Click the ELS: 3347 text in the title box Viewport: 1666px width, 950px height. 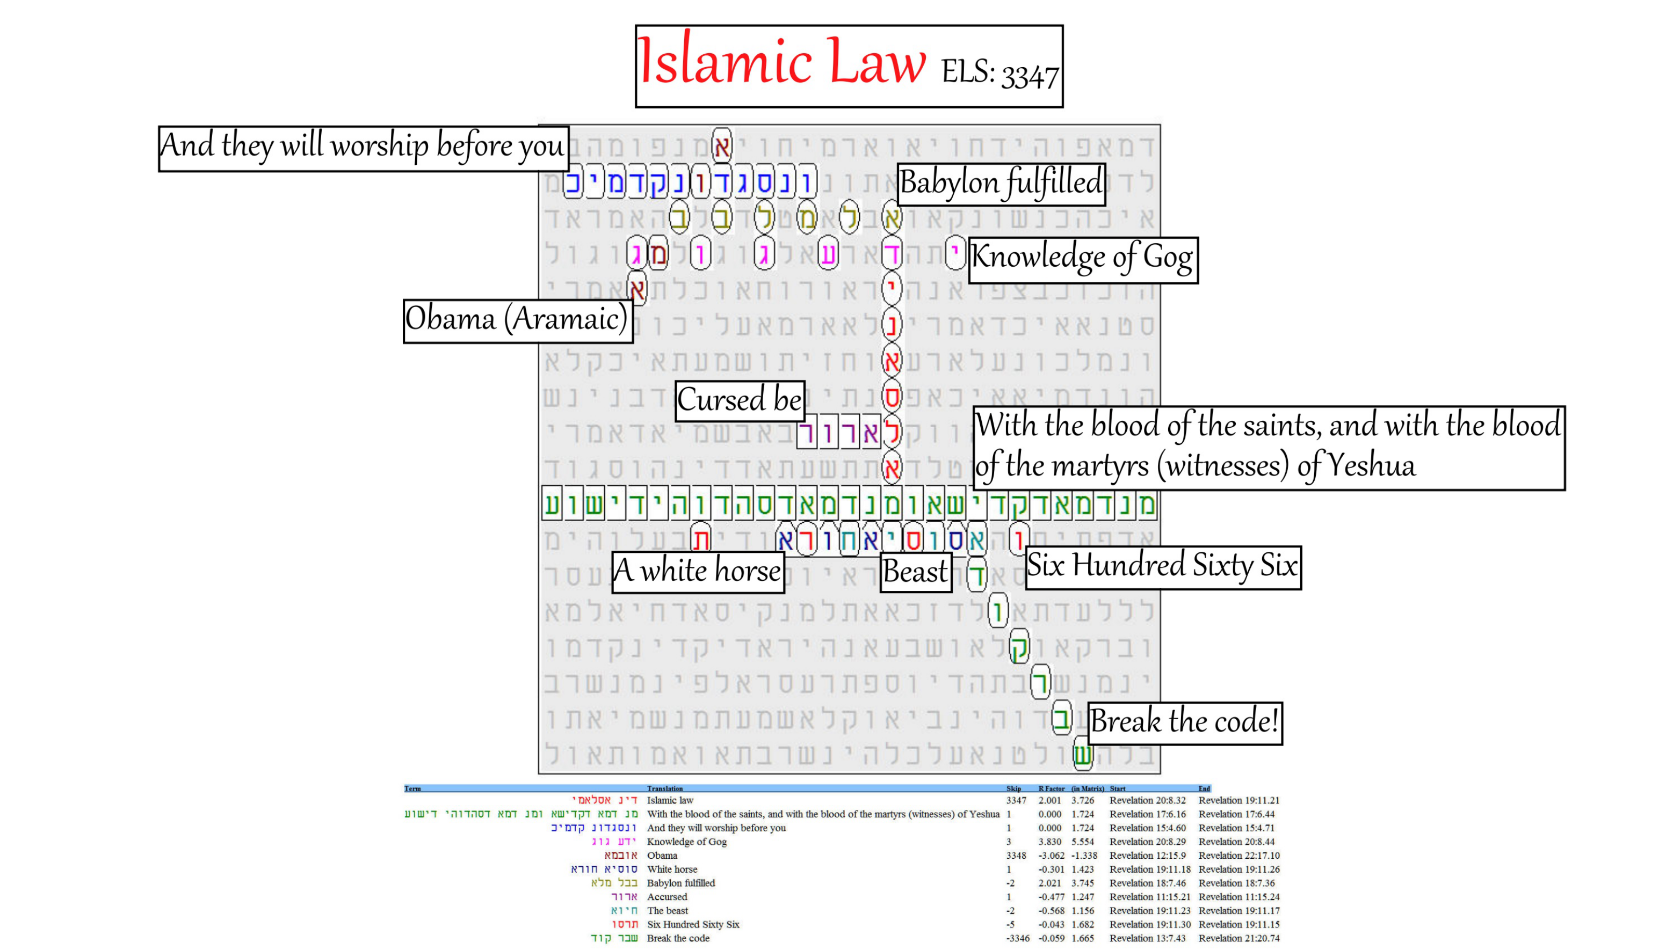click(x=998, y=73)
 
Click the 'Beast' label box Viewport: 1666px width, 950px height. click(x=915, y=572)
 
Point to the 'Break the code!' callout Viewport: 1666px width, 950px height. click(x=1184, y=722)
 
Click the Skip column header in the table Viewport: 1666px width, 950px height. click(x=1013, y=789)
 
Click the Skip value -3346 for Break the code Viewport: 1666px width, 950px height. click(x=1017, y=938)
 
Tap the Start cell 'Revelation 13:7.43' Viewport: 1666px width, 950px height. click(x=1147, y=938)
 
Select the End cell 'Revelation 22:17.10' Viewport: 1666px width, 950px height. click(x=1238, y=856)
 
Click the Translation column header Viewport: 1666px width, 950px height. click(x=664, y=789)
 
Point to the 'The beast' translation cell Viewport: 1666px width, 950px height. click(x=667, y=911)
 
